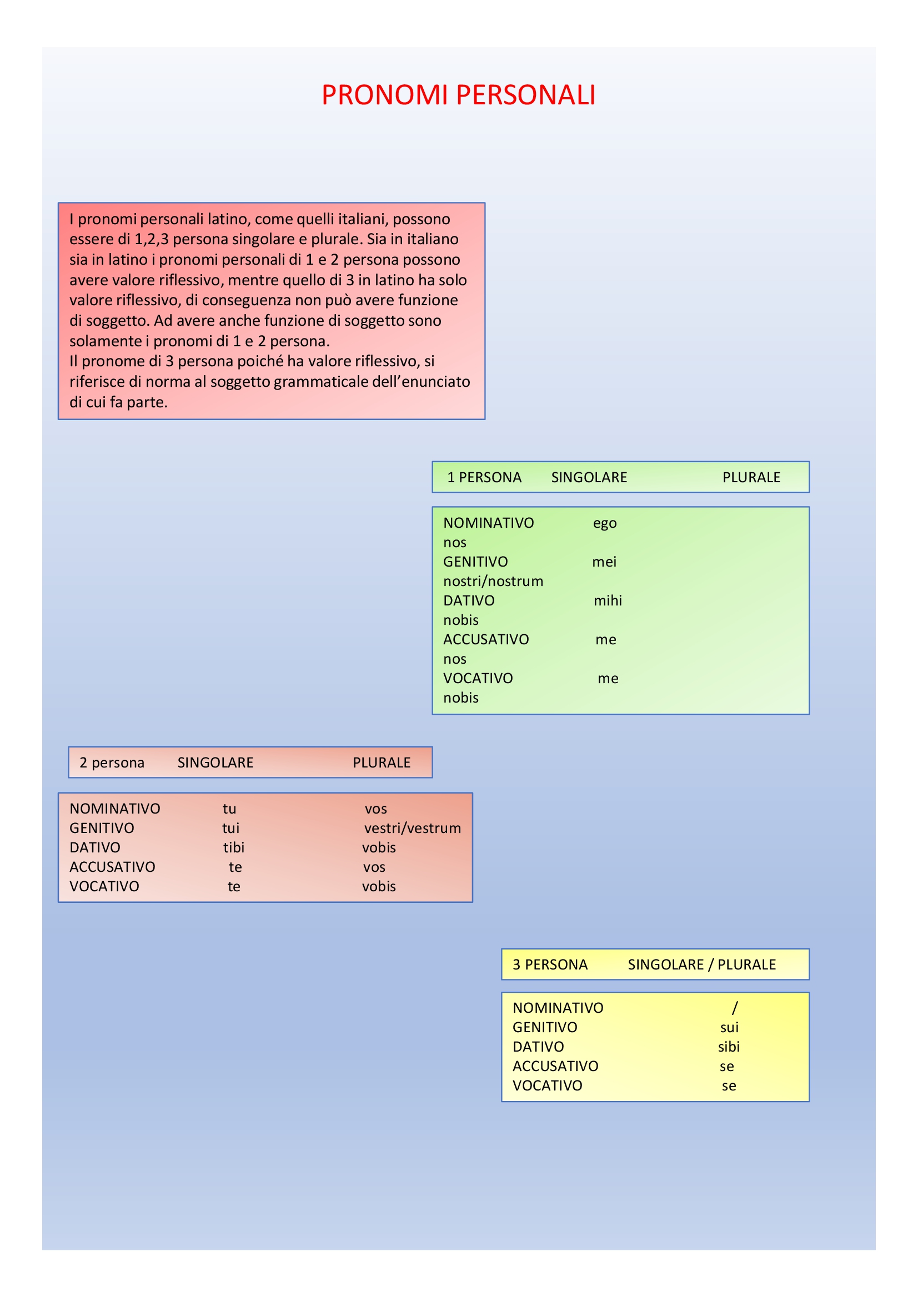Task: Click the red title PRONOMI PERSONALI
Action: coord(458,95)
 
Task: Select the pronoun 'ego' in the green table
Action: coord(605,523)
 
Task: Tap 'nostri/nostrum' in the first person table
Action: coord(493,581)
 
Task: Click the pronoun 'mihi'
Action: coord(608,600)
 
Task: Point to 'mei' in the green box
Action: coord(604,562)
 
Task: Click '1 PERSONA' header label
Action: coord(484,478)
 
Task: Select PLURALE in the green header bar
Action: coord(751,478)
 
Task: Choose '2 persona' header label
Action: coord(112,762)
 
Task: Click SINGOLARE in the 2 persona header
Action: coord(215,762)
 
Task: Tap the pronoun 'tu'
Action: coord(229,809)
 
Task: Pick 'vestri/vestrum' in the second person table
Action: coord(412,828)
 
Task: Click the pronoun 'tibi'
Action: coord(234,847)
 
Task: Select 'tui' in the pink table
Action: coord(231,828)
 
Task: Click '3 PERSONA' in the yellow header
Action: coord(550,964)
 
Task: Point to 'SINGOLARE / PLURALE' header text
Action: coord(701,964)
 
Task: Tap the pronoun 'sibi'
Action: coord(729,1047)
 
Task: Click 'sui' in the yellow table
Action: coord(729,1027)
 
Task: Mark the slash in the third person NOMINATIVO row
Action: coord(734,1007)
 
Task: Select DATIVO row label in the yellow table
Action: coord(538,1047)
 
